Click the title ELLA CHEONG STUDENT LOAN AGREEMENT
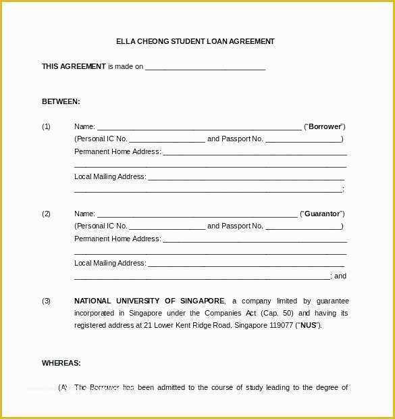[195, 41]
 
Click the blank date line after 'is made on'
[205, 68]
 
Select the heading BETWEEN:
[61, 101]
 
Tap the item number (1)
[46, 126]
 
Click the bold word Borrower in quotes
[325, 126]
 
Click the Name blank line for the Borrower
[199, 128]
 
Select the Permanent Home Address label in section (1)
[117, 151]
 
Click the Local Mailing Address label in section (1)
[110, 176]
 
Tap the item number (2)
[46, 214]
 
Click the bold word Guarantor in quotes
[322, 214]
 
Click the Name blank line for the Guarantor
[197, 215]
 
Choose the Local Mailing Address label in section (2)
[110, 263]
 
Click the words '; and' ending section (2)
[338, 276]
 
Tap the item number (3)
[46, 301]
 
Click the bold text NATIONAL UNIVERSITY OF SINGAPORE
[149, 301]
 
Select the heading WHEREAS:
[61, 363]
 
